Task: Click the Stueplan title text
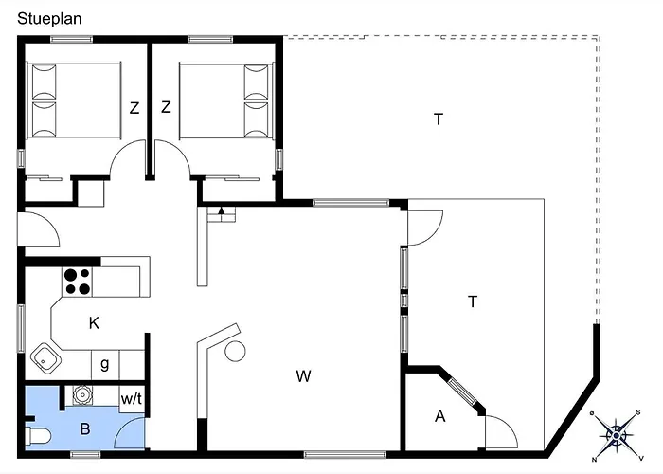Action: (49, 19)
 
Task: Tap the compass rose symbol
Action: (617, 435)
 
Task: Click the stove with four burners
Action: (77, 282)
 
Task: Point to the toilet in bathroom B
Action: (38, 436)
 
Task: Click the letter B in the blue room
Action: (85, 429)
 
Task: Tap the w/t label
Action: (132, 399)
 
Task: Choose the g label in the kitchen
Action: (105, 364)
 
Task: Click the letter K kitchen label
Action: (94, 323)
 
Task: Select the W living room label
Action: (304, 375)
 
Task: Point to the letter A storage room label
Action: (440, 416)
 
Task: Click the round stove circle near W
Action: (235, 352)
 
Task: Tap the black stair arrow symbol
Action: (221, 210)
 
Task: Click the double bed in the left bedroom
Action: (75, 100)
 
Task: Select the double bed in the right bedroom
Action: (225, 100)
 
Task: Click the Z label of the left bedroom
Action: (134, 108)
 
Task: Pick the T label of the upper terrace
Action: (439, 119)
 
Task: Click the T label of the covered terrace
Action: (473, 301)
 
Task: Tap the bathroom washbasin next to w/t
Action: (81, 395)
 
